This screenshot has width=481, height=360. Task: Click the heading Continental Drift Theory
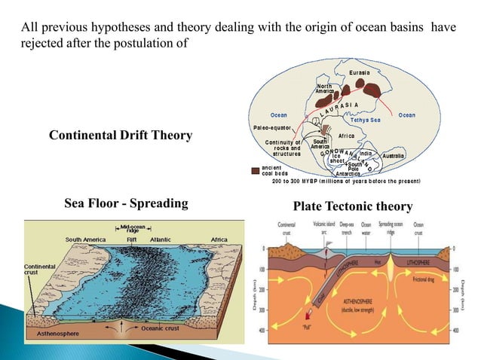(x=120, y=136)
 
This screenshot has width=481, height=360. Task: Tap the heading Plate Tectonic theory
(x=352, y=206)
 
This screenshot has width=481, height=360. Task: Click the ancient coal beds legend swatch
(x=255, y=169)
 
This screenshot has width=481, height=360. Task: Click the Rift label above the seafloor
(x=131, y=239)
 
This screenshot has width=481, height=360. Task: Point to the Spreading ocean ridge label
(x=390, y=227)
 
